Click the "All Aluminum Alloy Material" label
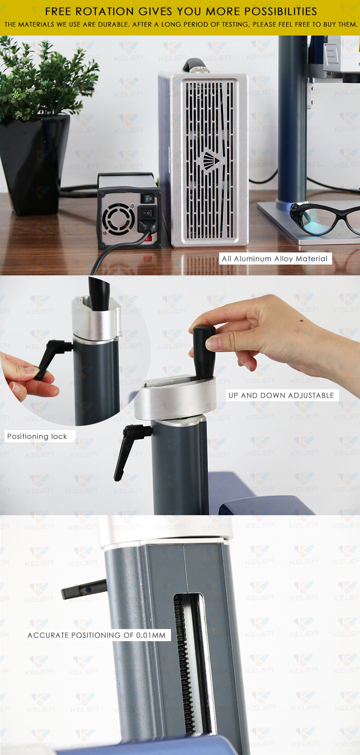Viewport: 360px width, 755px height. [x=275, y=259]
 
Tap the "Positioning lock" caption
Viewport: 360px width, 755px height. [x=37, y=436]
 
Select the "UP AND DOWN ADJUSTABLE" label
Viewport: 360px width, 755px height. [x=281, y=395]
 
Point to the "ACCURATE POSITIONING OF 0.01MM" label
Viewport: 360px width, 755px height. [x=97, y=635]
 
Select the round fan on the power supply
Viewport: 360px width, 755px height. [x=118, y=219]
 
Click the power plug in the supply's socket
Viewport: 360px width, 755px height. [x=147, y=220]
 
